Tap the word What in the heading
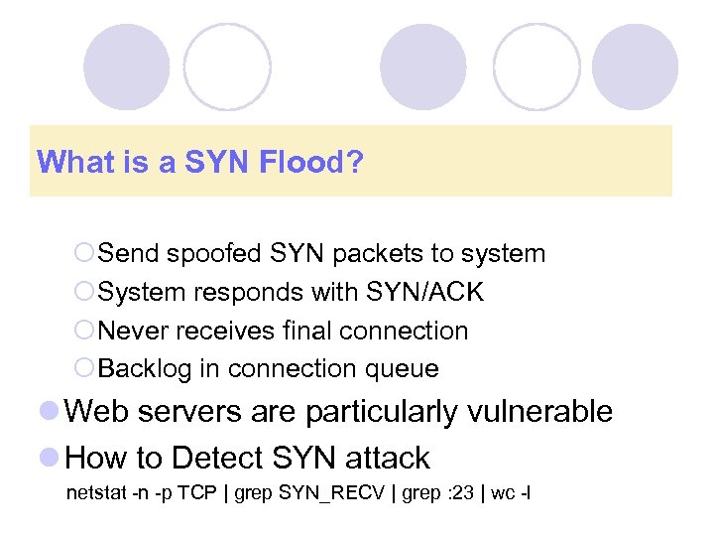tap(66, 161)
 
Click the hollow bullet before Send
tap(84, 254)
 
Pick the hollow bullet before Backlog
tap(84, 369)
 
